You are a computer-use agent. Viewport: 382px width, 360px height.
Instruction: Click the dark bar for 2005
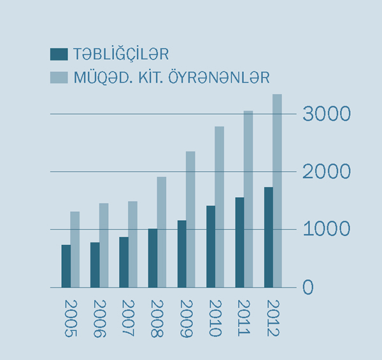[66, 266]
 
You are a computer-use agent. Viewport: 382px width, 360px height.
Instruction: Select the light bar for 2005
[75, 249]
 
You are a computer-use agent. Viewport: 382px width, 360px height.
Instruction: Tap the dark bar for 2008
[153, 258]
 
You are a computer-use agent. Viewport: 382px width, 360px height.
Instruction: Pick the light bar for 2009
[190, 219]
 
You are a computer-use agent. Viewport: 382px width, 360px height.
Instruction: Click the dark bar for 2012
[269, 237]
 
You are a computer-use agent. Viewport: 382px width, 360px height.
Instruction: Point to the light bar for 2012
[277, 191]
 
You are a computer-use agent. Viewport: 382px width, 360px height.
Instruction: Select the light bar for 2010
[219, 207]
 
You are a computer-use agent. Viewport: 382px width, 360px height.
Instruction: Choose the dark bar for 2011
[239, 242]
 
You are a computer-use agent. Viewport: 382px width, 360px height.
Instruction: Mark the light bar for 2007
[132, 244]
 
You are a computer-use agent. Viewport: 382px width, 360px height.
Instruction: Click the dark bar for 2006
[95, 265]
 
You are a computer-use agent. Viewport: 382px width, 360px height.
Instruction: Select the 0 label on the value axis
[308, 287]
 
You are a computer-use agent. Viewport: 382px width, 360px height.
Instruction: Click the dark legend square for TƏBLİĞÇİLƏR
[59, 54]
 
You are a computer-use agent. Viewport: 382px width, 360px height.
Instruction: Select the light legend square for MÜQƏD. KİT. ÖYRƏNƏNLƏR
[59, 78]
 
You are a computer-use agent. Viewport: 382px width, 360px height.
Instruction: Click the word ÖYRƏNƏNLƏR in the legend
[209, 78]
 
